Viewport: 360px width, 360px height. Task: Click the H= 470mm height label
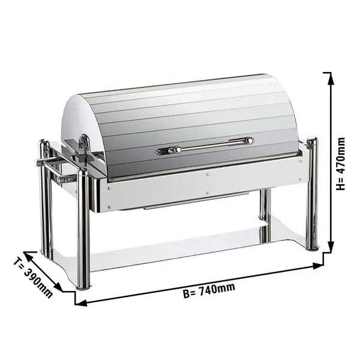340,164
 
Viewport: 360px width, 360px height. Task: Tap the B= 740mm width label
209,290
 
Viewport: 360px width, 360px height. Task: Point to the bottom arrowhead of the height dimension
331,247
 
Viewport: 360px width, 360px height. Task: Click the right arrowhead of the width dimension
318,266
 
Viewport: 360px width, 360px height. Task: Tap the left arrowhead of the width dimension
81,302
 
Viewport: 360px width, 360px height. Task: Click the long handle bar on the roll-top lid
205,146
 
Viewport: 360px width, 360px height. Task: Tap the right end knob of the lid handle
250,140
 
